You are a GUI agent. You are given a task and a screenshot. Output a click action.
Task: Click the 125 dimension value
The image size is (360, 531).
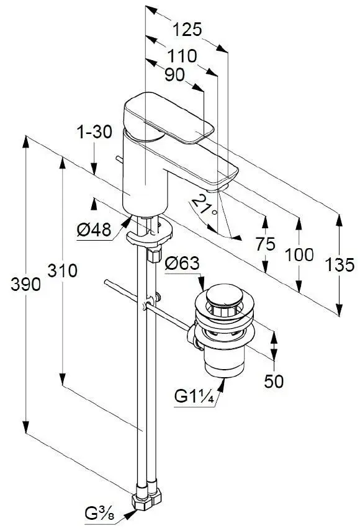coord(187,29)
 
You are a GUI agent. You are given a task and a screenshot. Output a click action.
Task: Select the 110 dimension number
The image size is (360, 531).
coord(182,56)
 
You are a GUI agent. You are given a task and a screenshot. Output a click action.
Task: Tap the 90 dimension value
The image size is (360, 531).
coord(174,75)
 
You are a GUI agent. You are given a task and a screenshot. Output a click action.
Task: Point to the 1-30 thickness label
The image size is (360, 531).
coord(94,132)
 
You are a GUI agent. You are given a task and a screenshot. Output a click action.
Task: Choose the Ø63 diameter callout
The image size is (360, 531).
coord(182,263)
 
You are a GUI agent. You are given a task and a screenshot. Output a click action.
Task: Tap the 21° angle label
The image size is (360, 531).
coord(204,206)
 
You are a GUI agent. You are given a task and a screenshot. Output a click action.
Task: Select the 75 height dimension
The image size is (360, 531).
coord(266,244)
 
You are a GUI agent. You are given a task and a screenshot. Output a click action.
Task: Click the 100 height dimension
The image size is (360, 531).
coord(299,255)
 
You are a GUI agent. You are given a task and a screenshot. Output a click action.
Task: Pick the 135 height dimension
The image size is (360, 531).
coord(340,264)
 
